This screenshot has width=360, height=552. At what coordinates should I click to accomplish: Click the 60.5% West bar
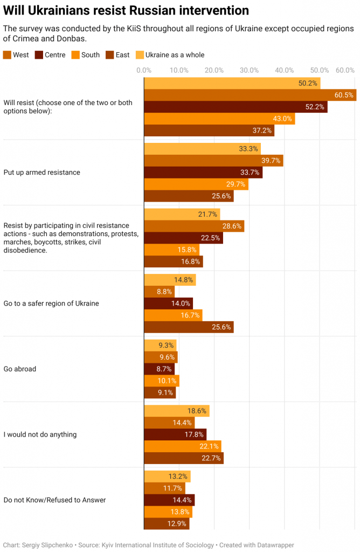click(x=250, y=95)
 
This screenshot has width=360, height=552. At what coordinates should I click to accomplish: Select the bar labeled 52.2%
click(x=236, y=107)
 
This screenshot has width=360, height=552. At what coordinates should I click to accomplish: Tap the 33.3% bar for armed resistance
click(x=202, y=148)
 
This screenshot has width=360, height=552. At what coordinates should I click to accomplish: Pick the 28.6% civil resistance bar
click(x=194, y=226)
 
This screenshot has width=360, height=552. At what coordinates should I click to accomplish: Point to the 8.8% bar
click(x=160, y=292)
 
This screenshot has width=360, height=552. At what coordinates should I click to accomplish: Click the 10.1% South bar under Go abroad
click(x=162, y=381)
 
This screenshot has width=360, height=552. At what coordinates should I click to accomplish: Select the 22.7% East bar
click(x=184, y=458)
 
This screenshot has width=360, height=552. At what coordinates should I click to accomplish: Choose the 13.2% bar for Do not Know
click(x=167, y=477)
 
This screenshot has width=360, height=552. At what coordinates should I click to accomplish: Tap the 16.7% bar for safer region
click(x=173, y=315)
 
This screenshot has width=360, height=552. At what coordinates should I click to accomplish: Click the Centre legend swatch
click(x=39, y=54)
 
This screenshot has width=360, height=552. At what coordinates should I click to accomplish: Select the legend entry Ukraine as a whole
click(x=175, y=54)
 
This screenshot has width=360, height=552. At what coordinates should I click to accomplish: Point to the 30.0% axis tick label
click(x=249, y=70)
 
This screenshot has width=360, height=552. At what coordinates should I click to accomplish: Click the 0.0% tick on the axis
click(x=144, y=70)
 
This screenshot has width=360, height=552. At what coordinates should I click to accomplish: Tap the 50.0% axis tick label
click(x=319, y=70)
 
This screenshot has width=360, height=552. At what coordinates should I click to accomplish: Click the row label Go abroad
click(x=20, y=369)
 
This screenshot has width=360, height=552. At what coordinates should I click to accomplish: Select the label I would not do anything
click(x=40, y=434)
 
